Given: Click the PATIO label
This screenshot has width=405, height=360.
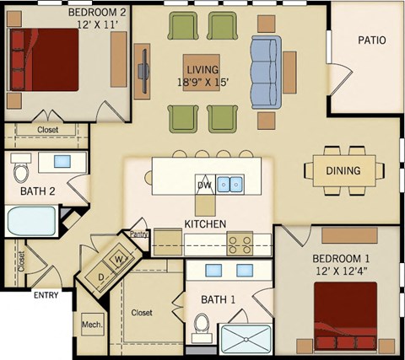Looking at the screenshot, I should coord(371,40).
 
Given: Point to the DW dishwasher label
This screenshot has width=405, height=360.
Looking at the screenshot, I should coord(203,185).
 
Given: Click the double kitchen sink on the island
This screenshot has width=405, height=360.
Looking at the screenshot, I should coord(230,184).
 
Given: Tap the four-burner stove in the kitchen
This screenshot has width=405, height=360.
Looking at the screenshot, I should coord(239,244).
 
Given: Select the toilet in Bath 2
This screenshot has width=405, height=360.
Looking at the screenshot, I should coord(23,173).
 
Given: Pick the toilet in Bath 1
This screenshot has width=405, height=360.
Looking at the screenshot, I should coord(201,325).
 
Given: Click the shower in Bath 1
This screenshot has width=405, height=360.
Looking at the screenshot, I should coord(246,339).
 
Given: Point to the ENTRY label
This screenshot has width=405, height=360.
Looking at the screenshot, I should coord(46,296).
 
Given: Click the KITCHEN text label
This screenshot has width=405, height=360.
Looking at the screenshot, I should coord(205,224).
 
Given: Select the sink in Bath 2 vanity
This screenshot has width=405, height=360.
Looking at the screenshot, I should coord(61,161).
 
